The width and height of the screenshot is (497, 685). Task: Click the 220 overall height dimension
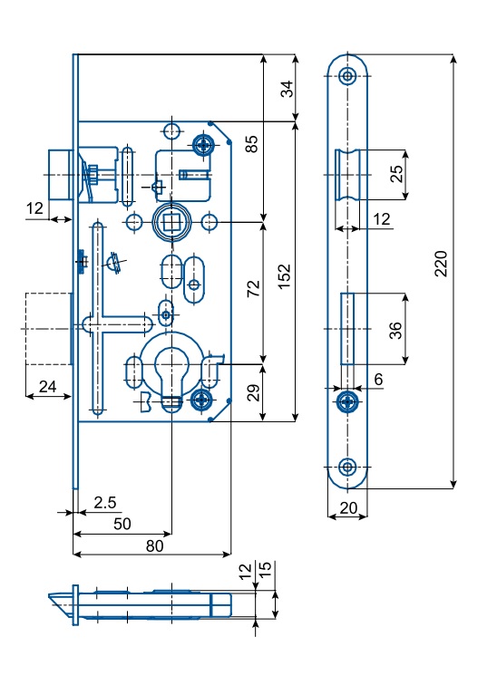441,264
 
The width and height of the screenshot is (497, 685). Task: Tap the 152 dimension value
285,276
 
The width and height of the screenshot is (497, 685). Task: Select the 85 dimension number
252,144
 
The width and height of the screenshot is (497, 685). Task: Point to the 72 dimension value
254,289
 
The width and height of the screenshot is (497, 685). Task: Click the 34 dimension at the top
287,89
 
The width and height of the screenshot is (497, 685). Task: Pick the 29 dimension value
254,392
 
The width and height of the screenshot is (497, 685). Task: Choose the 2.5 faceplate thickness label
105,502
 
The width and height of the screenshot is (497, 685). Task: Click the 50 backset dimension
122,524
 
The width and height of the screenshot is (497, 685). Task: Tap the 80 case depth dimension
155,545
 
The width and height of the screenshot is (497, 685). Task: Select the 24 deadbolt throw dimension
48,386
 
